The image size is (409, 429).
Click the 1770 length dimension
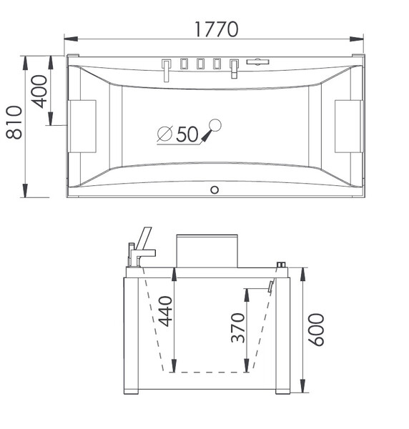click(216, 29)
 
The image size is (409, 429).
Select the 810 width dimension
click(14, 122)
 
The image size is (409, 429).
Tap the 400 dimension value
click(39, 92)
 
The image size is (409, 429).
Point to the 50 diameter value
click(187, 134)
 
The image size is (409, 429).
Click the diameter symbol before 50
click(165, 134)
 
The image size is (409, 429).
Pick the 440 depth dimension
click(165, 311)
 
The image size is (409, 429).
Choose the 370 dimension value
click(237, 327)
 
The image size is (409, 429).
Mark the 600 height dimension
click(316, 330)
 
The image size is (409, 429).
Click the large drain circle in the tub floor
click(215, 125)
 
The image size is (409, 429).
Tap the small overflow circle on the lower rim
click(215, 189)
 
